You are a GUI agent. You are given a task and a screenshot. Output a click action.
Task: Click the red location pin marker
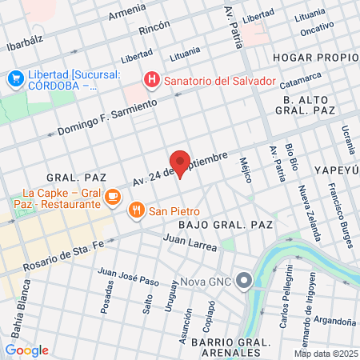click(180, 163)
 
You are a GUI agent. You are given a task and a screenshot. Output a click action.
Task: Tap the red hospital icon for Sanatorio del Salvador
click(150, 80)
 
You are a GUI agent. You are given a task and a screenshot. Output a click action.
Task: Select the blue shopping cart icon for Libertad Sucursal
click(15, 78)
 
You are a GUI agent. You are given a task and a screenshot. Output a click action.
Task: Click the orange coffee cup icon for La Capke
click(113, 195)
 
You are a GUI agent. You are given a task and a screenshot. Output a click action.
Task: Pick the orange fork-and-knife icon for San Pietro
click(137, 210)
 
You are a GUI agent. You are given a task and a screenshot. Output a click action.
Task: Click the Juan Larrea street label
click(189, 242)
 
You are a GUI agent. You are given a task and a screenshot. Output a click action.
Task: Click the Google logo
click(26, 350)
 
